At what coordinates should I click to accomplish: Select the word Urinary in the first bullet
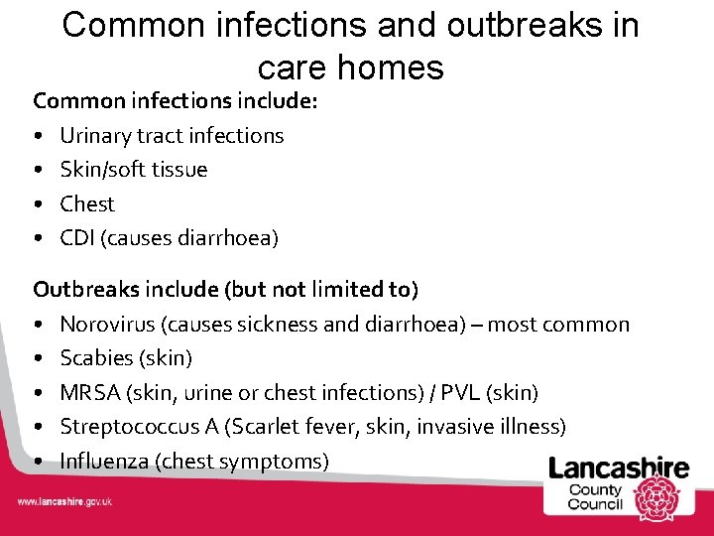coord(93,135)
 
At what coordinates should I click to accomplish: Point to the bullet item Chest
coord(87,203)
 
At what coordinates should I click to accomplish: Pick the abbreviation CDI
coord(76,237)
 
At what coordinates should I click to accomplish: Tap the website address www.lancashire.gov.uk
coord(64,502)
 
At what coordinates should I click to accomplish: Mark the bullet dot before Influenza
coord(36,462)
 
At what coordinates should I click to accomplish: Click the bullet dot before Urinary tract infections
coord(36,136)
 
